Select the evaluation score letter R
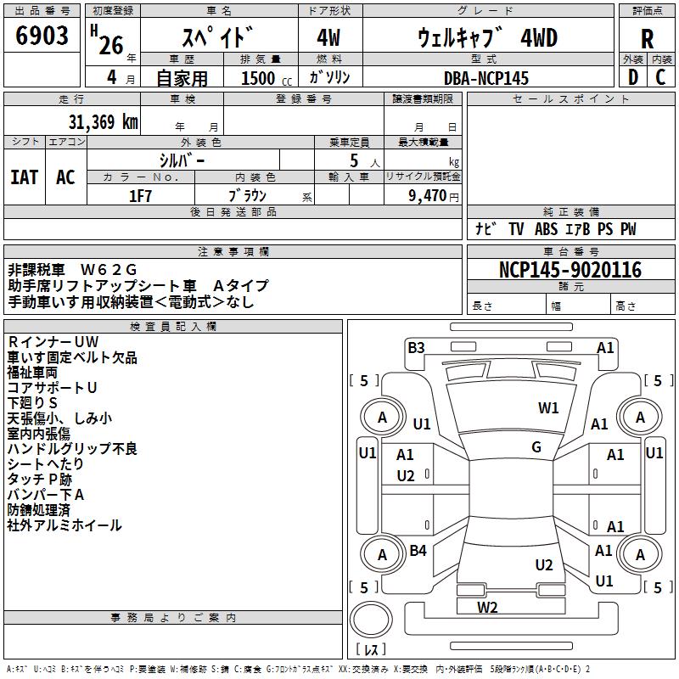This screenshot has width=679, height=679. (647, 38)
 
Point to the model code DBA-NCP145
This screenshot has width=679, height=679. (485, 77)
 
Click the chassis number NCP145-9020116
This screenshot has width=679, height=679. (570, 270)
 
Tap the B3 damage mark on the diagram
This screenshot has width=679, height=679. (416, 347)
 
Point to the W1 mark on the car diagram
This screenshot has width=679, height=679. (548, 408)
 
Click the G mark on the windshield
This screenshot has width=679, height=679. (536, 447)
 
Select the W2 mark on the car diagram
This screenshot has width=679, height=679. (487, 607)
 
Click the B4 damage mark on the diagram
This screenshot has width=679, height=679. (418, 551)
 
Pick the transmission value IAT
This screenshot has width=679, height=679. (24, 177)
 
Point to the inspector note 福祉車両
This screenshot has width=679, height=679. (32, 372)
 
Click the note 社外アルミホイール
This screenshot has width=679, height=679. (65, 525)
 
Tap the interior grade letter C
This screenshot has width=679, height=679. (660, 77)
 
